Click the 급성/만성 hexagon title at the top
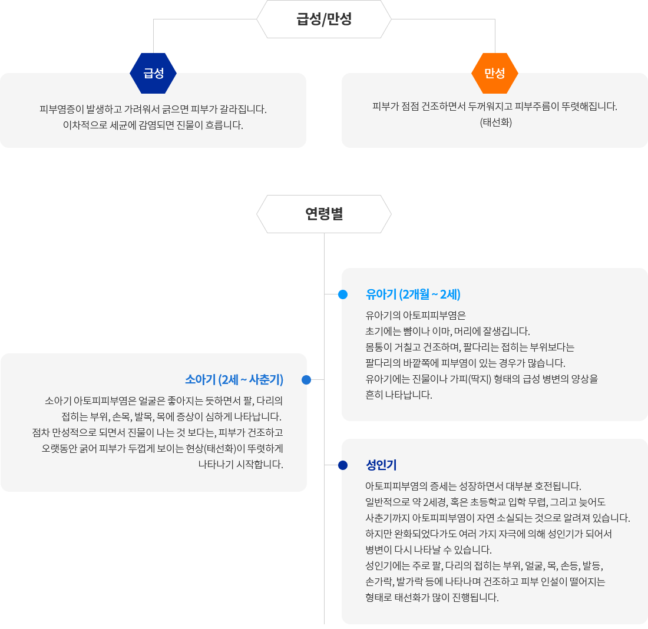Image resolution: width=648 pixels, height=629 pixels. click(324, 19)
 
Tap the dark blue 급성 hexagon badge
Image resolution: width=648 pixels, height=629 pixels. click(153, 73)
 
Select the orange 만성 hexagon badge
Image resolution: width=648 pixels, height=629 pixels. click(495, 73)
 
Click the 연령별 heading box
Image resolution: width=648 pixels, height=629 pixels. click(324, 214)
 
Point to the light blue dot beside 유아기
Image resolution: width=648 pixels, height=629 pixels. click(343, 294)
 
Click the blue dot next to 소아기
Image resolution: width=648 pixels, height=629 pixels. click(306, 380)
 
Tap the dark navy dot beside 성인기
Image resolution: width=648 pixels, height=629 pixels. click(343, 465)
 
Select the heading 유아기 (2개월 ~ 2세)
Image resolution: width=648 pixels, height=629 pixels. click(413, 294)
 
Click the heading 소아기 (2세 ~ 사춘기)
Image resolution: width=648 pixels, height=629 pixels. click(234, 379)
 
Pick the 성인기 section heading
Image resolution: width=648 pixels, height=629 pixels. click(381, 465)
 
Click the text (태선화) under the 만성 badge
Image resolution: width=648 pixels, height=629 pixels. click(496, 123)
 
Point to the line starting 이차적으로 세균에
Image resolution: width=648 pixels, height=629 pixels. click(153, 125)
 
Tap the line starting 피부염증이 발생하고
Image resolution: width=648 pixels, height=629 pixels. click(153, 109)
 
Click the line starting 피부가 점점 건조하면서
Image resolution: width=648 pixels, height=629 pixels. click(495, 107)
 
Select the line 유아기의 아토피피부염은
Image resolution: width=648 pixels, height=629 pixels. click(416, 315)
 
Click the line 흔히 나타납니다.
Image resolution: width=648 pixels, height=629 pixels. click(399, 395)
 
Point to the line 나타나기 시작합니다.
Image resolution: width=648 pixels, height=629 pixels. click(240, 464)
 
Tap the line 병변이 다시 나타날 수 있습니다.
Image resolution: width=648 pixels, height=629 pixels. click(428, 549)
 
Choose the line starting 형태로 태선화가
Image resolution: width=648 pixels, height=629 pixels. click(432, 597)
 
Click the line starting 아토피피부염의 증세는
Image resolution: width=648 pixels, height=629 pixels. click(474, 486)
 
